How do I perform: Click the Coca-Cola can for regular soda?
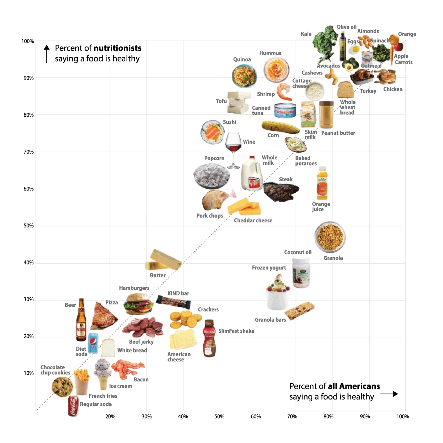[x=73, y=406]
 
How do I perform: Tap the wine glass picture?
[x=233, y=149]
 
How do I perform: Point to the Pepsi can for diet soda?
[x=93, y=343]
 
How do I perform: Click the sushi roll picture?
[x=213, y=132]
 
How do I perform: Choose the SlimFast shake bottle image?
[x=209, y=338]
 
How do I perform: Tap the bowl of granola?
[x=330, y=237]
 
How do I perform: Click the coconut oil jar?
[x=301, y=273]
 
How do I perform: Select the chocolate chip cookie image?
[x=62, y=387]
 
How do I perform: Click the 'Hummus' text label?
[x=270, y=53]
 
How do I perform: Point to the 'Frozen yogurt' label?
[x=269, y=268]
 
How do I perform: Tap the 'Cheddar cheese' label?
[x=253, y=221]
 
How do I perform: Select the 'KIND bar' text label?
[x=178, y=293]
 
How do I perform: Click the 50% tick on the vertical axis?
[x=29, y=226]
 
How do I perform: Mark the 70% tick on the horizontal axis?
[x=292, y=417]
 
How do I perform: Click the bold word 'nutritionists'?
[x=117, y=48]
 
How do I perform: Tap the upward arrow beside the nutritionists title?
[x=47, y=53]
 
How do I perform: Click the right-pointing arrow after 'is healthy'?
[x=389, y=394]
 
